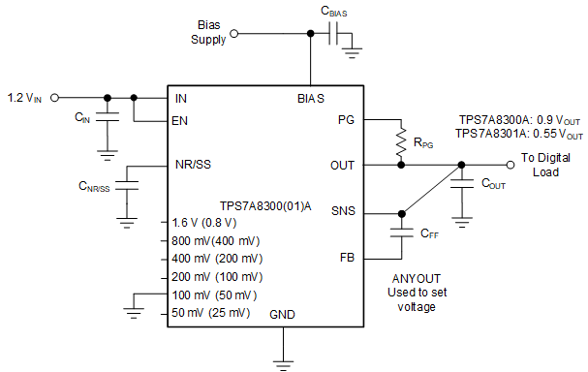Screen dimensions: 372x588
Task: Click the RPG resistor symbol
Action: pyautogui.click(x=397, y=141)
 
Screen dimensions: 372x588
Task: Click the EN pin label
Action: pyautogui.click(x=180, y=121)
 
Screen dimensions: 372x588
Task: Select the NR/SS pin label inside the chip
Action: pyautogui.click(x=193, y=164)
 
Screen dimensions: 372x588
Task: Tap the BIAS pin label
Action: pyautogui.click(x=310, y=98)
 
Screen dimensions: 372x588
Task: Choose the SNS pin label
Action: pyautogui.click(x=343, y=211)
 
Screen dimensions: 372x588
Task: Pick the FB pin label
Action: pyautogui.click(x=347, y=258)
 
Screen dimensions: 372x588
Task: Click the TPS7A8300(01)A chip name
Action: pyautogui.click(x=264, y=204)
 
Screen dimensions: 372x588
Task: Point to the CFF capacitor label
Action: pyautogui.click(x=429, y=233)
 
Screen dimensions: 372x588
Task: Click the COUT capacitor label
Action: pyautogui.click(x=495, y=185)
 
